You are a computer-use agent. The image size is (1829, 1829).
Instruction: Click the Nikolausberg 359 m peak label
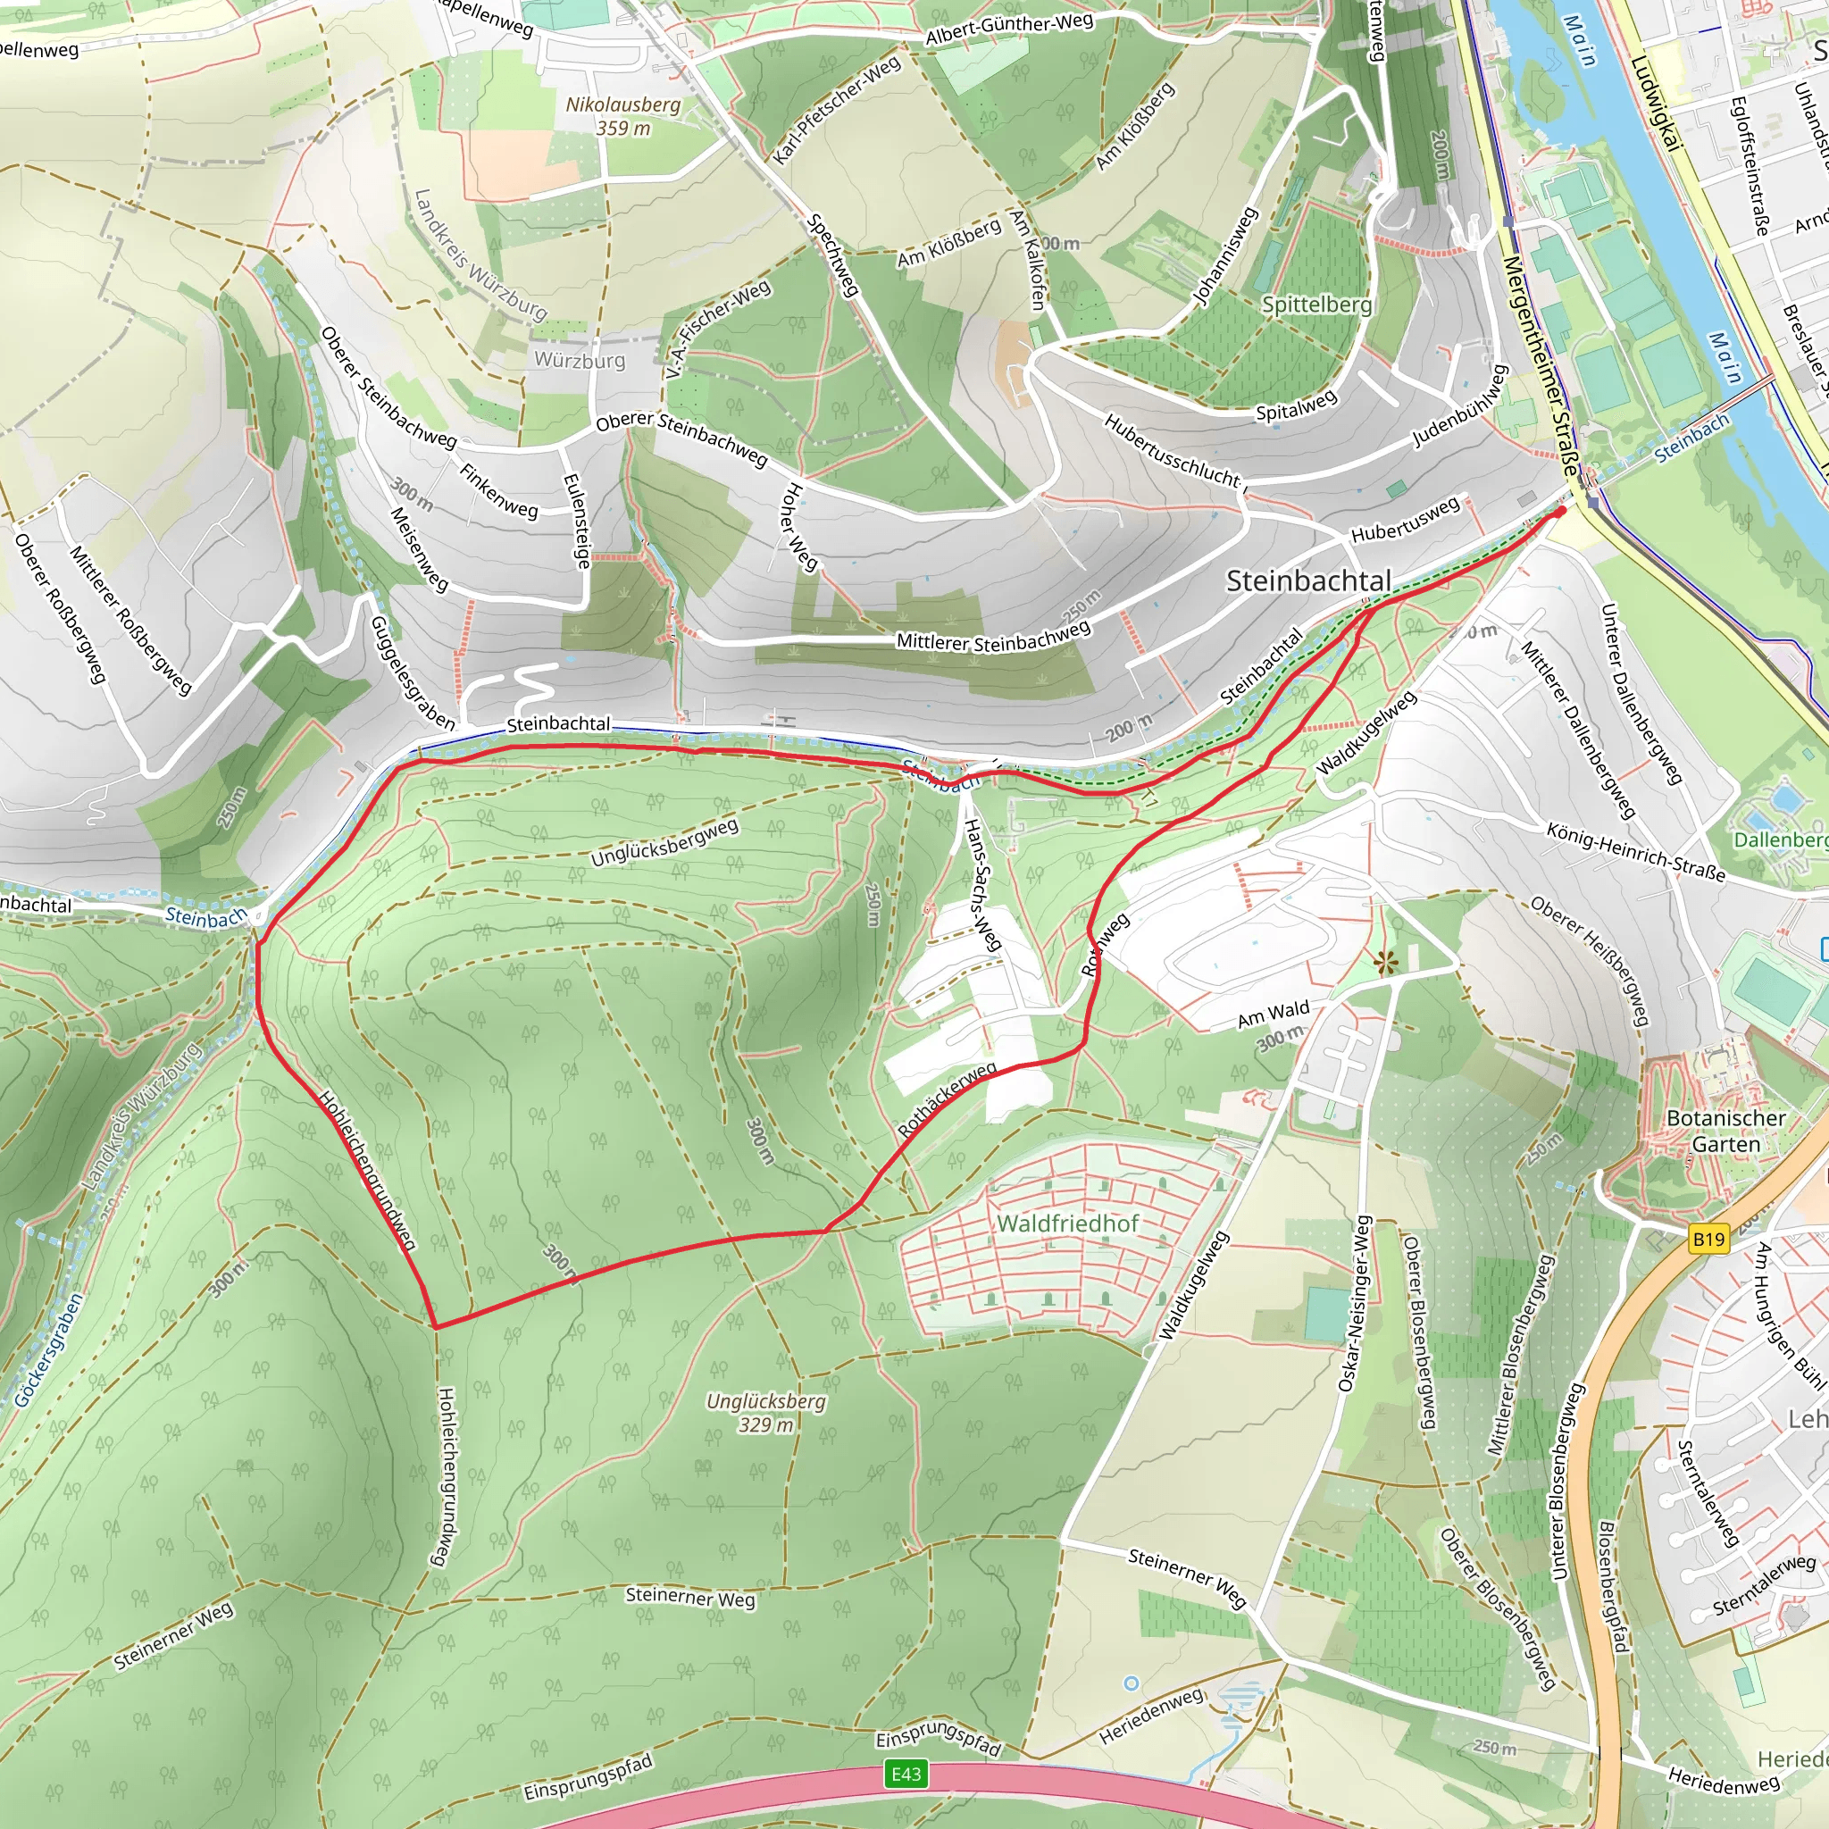click(623, 115)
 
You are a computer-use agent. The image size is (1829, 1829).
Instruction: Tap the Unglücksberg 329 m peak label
click(766, 1412)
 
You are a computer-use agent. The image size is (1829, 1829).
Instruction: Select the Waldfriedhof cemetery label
click(1067, 1224)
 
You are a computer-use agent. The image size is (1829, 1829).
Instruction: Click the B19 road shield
click(1708, 1240)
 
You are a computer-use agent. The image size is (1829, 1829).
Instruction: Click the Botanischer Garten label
click(1725, 1131)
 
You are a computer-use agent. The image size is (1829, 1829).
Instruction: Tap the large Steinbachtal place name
click(1308, 580)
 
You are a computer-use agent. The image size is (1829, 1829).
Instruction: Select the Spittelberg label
click(1315, 304)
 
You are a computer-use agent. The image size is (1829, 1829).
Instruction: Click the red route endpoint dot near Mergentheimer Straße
click(1560, 511)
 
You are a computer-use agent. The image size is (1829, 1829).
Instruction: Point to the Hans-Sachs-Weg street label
click(981, 884)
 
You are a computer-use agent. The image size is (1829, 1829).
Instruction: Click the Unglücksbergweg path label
click(664, 841)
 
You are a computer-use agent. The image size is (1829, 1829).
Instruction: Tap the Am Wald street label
click(1274, 1014)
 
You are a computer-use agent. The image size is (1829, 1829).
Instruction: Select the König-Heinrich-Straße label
click(1636, 851)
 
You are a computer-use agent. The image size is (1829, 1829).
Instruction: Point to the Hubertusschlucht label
click(1171, 450)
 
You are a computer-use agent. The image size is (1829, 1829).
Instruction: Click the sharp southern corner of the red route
click(436, 1326)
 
